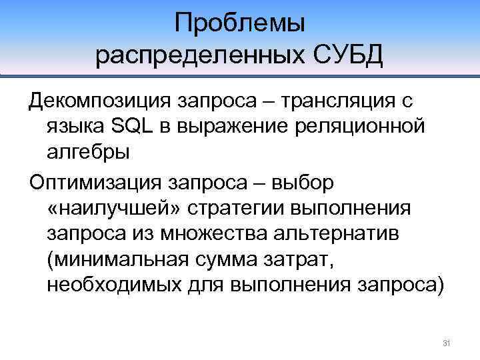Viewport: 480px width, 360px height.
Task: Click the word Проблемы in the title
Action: point(240,24)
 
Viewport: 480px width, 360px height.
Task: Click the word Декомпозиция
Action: point(98,102)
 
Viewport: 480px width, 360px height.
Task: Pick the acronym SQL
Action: point(130,127)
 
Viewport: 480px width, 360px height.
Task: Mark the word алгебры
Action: point(89,151)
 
